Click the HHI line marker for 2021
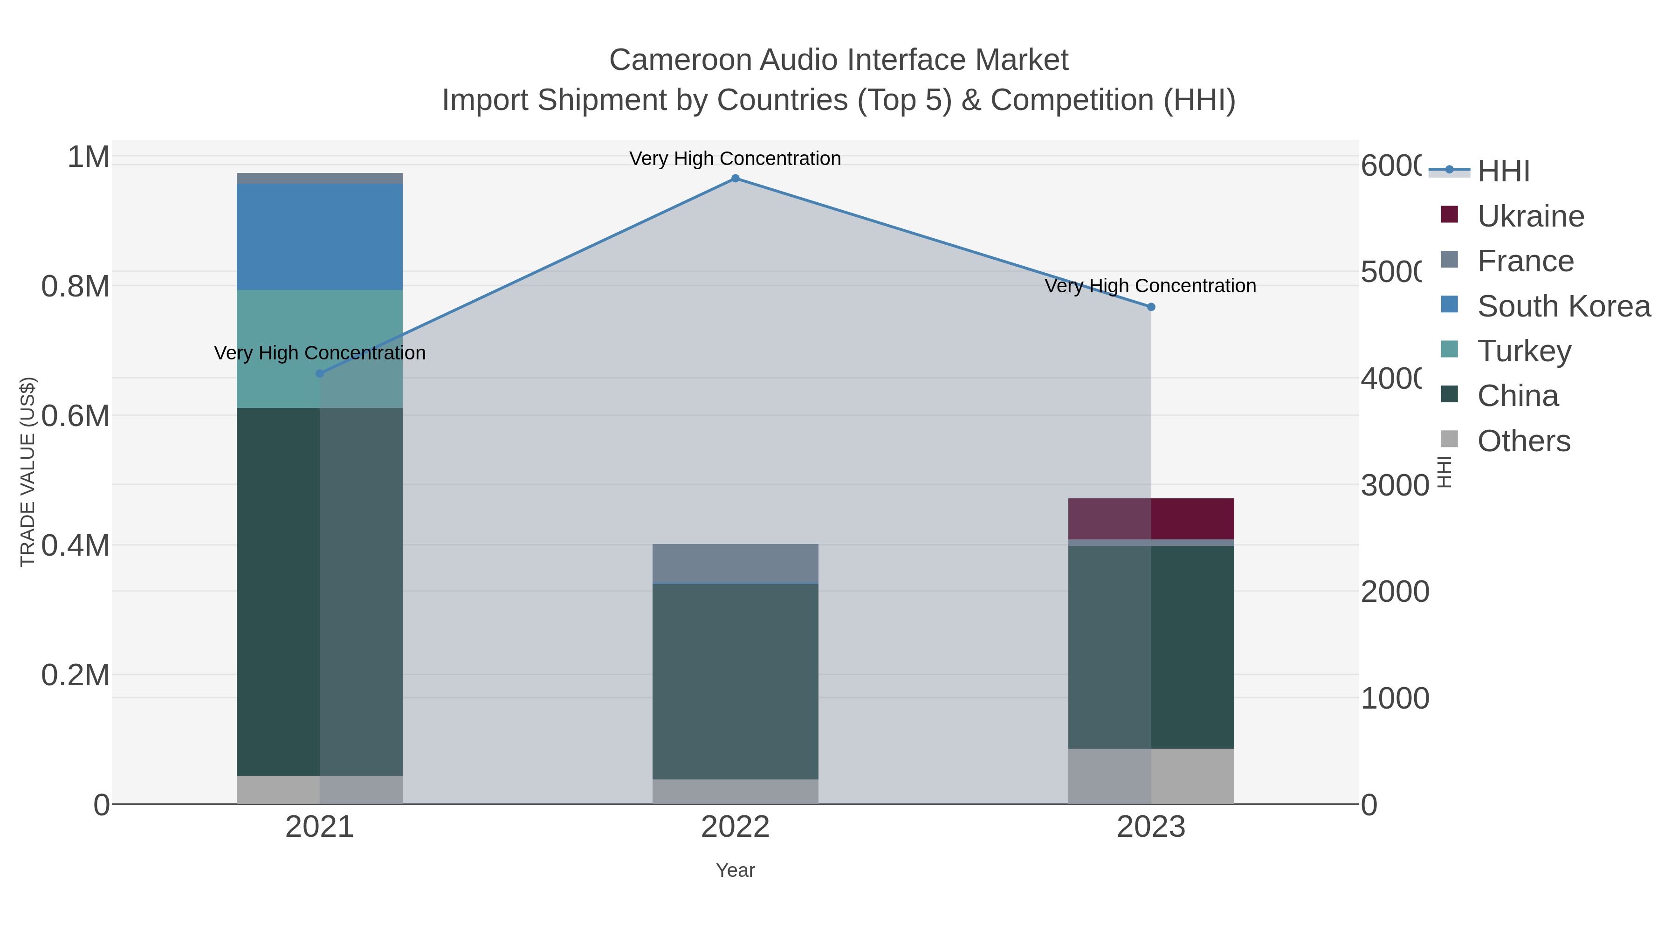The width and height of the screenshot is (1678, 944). [x=319, y=373]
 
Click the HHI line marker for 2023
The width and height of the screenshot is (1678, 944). [x=1150, y=307]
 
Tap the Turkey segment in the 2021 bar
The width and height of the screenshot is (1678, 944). [x=319, y=349]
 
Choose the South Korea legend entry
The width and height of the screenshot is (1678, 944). [x=1563, y=306]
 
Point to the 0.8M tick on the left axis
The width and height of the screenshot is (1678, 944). [x=76, y=287]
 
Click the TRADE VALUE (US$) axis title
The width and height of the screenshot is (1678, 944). [x=28, y=472]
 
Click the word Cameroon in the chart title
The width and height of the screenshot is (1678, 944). [x=680, y=60]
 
